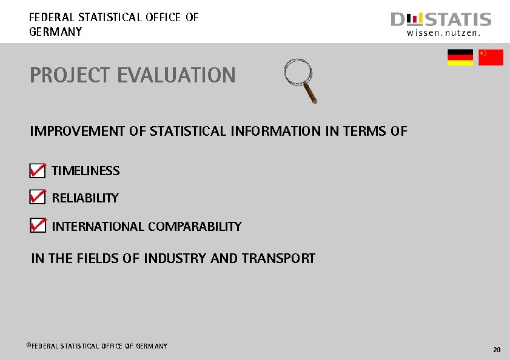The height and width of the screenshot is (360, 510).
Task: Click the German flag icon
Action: tap(460, 58)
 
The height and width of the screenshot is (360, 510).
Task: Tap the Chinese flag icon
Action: tap(491, 58)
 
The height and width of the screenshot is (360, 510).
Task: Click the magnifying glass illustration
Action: tap(301, 79)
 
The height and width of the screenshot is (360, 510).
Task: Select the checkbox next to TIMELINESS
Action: tap(37, 172)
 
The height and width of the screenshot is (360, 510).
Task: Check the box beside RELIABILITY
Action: tap(37, 198)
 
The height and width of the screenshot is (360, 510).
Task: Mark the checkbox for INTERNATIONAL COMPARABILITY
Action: tap(37, 227)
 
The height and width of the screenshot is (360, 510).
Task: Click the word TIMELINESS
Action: tap(86, 171)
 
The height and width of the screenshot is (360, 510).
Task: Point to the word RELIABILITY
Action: tap(85, 198)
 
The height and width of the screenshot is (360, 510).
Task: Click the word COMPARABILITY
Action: tap(195, 227)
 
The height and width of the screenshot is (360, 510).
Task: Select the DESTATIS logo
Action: tap(441, 20)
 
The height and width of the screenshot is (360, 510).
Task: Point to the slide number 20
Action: tap(497, 350)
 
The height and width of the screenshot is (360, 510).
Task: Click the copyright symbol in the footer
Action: tap(29, 345)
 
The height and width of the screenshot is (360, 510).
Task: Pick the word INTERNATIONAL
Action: tap(98, 227)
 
